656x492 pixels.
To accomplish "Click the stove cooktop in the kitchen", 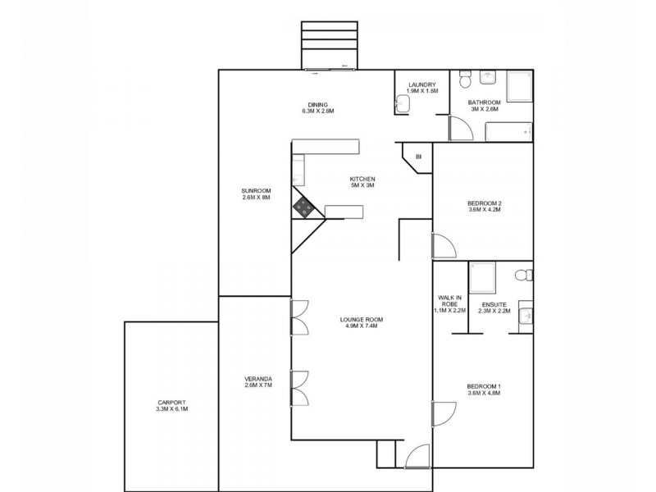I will (x=305, y=208).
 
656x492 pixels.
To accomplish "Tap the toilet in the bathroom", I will (x=464, y=80).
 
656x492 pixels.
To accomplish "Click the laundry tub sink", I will (x=402, y=102).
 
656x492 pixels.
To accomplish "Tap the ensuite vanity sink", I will (x=526, y=315).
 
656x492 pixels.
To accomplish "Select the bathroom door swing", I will (x=459, y=128).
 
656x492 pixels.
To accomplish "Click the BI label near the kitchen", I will (x=417, y=156).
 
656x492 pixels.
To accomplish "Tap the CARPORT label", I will (x=172, y=406).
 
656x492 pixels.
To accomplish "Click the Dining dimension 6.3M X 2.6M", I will (x=318, y=111).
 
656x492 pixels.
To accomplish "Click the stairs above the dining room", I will (x=331, y=44).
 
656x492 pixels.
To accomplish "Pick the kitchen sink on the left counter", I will (x=298, y=171).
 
